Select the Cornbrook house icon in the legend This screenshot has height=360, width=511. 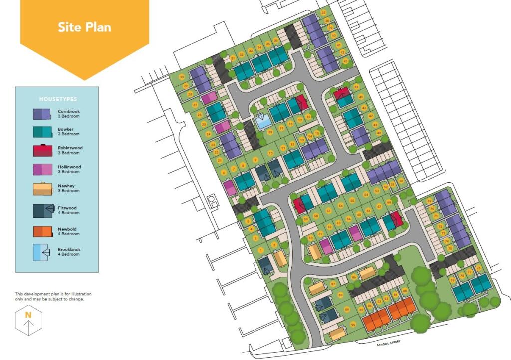click(x=42, y=114)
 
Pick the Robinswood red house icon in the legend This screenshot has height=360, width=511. click(x=42, y=150)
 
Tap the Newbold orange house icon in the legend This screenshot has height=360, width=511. click(x=42, y=231)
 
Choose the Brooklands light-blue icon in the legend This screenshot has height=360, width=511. click(x=41, y=252)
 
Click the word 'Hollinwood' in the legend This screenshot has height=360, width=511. click(x=69, y=167)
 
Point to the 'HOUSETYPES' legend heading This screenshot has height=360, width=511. click(x=58, y=99)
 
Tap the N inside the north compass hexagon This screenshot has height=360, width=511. click(x=28, y=315)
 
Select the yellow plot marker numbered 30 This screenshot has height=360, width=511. click(x=182, y=77)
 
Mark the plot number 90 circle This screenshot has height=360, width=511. click(x=353, y=325)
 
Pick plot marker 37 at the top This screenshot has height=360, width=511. click(x=324, y=12)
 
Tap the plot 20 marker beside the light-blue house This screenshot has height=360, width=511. click(x=270, y=132)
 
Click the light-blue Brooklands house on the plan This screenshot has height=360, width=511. click(x=262, y=120)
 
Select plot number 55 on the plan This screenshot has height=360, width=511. click(x=352, y=201)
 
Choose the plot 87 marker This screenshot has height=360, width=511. click(x=333, y=284)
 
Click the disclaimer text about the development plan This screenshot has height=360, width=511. click(x=53, y=297)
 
